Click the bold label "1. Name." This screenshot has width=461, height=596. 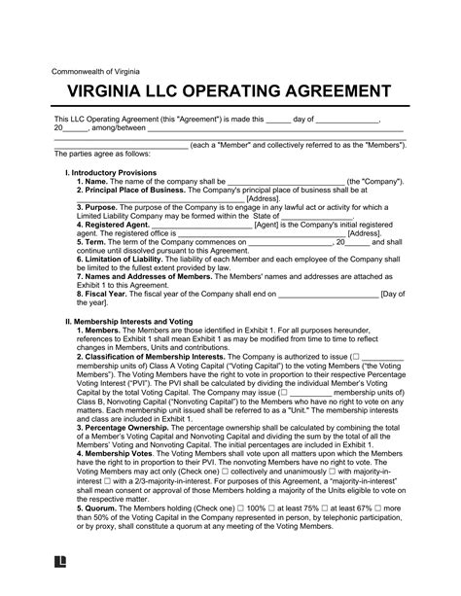[x=96, y=181]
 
